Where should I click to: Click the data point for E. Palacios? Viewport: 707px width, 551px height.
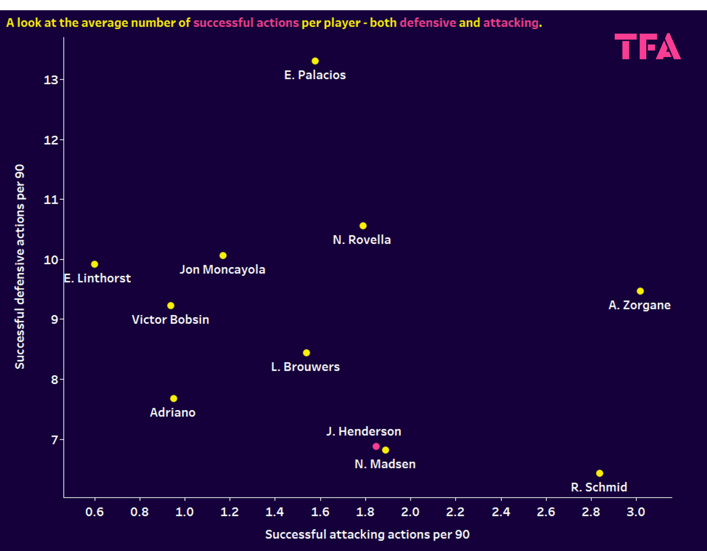[x=315, y=61]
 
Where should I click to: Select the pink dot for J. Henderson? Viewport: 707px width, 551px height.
[x=376, y=446]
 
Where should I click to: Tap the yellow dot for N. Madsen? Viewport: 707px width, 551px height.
[x=385, y=450]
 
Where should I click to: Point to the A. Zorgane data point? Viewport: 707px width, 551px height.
[x=640, y=291]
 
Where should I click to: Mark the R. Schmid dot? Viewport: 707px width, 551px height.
[x=600, y=473]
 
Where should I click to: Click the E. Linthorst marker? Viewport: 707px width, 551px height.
[x=95, y=264]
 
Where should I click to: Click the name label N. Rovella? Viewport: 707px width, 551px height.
[x=362, y=240]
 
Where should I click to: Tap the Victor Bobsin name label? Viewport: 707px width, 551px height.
[x=170, y=320]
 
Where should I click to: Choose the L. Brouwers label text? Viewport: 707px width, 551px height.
[x=305, y=367]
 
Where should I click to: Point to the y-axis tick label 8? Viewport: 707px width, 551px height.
[x=55, y=379]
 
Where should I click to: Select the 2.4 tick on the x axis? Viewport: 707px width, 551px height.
[x=501, y=512]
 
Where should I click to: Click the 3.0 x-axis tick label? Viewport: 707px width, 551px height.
[x=636, y=512]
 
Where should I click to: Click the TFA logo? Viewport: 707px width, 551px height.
[x=647, y=47]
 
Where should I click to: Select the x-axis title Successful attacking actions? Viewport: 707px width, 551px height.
[x=367, y=534]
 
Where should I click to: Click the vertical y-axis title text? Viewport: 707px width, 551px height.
[x=20, y=267]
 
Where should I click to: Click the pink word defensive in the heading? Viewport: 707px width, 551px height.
[x=428, y=23]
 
